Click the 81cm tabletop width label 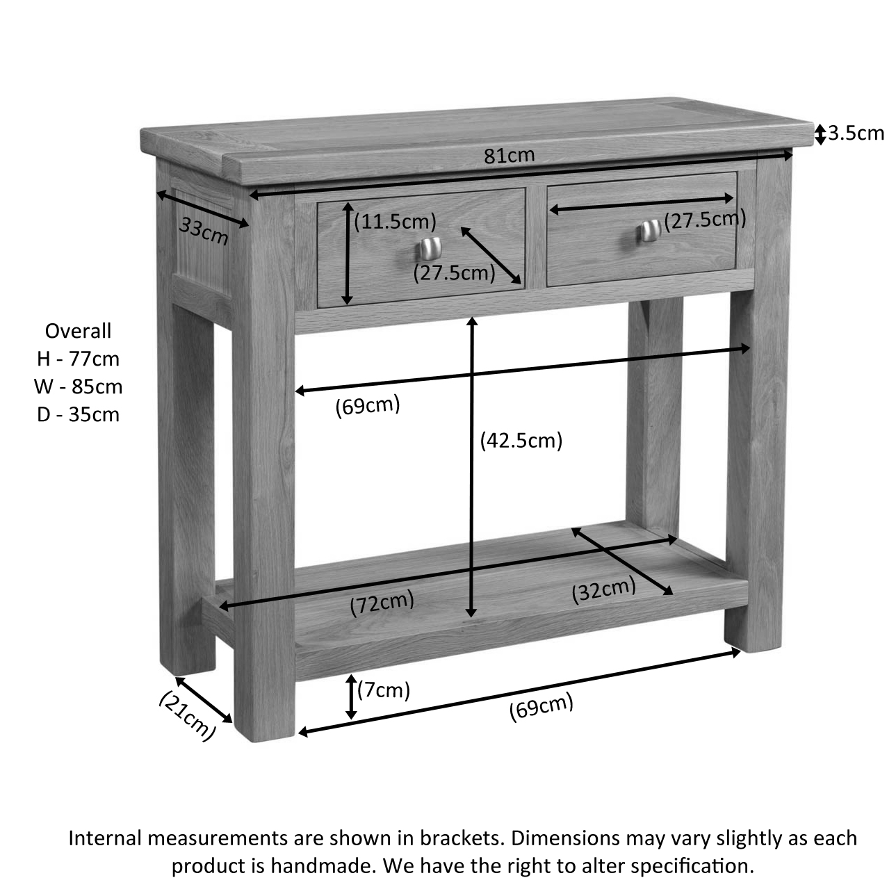[510, 156]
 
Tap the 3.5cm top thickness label [856, 133]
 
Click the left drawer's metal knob [430, 247]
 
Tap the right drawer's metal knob [650, 230]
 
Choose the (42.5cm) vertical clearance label [521, 440]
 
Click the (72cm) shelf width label [382, 603]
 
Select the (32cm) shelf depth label [603, 590]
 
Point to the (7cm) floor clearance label [384, 690]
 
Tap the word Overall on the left [78, 331]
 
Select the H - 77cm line [78, 359]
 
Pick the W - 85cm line [78, 386]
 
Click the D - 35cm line [78, 414]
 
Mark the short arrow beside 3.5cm [820, 133]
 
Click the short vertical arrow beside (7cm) [351, 697]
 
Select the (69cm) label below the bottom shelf [541, 708]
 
